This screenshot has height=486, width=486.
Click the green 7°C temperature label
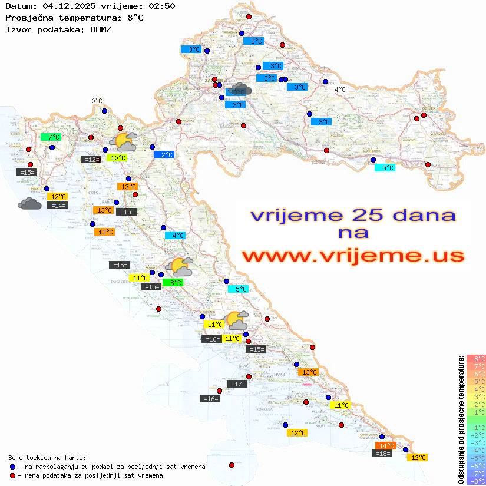[x=51, y=137]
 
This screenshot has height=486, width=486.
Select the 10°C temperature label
[x=117, y=158]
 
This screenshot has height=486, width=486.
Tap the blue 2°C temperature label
[x=164, y=155]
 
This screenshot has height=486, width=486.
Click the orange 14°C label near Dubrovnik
[x=385, y=446]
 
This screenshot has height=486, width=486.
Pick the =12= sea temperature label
[x=91, y=159]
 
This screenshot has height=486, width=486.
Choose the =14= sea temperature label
[x=58, y=206]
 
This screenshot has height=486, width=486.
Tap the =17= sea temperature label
[x=237, y=384]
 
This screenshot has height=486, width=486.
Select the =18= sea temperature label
[x=383, y=454]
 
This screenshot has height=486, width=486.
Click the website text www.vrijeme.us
[x=352, y=256]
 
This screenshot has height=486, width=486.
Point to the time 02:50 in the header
[x=161, y=6]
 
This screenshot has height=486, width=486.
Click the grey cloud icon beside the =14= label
[x=29, y=204]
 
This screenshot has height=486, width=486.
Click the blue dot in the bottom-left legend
[x=13, y=467]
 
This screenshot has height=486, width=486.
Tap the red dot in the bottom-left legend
[x=13, y=475]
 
